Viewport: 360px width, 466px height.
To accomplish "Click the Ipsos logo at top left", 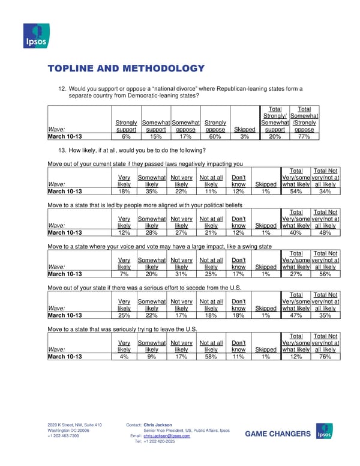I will [x=35, y=35].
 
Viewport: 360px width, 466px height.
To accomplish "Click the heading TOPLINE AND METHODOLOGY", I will [x=126, y=68].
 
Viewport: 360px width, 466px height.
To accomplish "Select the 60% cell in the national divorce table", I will [x=215, y=136].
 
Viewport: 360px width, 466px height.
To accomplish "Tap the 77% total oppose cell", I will [x=304, y=136].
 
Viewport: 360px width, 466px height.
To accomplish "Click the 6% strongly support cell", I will [x=126, y=136].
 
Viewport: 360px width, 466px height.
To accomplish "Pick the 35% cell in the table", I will [x=151, y=191].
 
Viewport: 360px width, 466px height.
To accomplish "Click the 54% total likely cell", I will [x=295, y=191].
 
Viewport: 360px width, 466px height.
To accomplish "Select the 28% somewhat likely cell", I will [x=151, y=232].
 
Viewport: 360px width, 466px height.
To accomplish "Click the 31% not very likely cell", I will [x=181, y=274].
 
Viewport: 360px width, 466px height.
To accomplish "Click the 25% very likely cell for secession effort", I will [x=125, y=315].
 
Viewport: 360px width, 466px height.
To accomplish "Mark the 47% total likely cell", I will [x=295, y=315].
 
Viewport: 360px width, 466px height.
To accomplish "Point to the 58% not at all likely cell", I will [x=211, y=356].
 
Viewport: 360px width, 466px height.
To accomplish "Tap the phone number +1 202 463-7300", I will [x=64, y=436].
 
